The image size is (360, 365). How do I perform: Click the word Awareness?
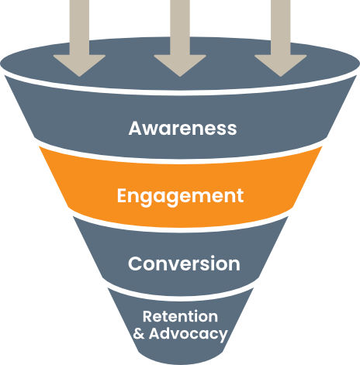tap(182, 128)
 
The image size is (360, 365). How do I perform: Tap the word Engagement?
tap(180, 197)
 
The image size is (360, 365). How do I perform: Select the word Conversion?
tap(184, 263)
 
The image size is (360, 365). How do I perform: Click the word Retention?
tap(180, 316)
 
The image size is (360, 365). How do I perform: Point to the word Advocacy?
tap(189, 334)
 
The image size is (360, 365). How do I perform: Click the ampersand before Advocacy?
tap(139, 333)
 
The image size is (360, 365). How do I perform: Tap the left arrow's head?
tap(79, 66)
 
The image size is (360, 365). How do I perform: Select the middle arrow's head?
tap(180, 66)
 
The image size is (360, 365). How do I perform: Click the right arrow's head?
tap(281, 66)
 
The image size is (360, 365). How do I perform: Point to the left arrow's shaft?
tap(79, 27)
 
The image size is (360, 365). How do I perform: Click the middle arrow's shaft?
tap(180, 27)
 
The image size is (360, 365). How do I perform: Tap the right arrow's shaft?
tap(281, 27)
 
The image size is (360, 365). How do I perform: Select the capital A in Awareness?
tap(136, 128)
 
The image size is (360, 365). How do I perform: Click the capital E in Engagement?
tap(123, 195)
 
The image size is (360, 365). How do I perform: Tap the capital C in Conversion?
tap(135, 263)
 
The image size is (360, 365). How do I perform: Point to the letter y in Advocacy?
tap(223, 336)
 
